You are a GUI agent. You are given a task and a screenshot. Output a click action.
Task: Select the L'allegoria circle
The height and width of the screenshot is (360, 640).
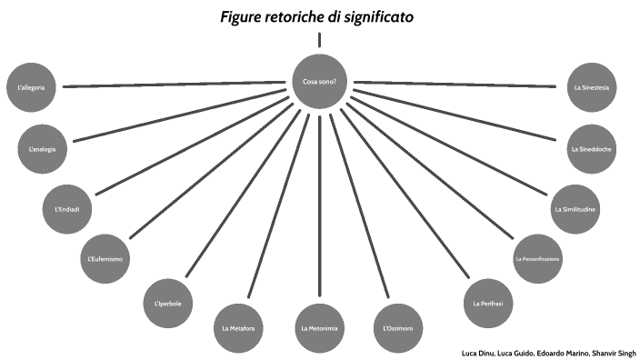click(x=31, y=87)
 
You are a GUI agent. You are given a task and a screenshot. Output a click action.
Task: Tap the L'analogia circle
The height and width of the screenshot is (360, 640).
click(x=43, y=148)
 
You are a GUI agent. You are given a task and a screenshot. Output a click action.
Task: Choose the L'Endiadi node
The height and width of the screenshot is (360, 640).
click(x=67, y=210)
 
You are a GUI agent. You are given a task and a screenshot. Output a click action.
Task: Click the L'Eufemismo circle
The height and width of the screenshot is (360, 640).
click(x=105, y=259)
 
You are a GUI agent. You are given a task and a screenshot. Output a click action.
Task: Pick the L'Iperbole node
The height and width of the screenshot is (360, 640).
click(x=168, y=302)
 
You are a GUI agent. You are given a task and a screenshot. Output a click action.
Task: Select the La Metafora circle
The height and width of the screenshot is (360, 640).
click(x=238, y=327)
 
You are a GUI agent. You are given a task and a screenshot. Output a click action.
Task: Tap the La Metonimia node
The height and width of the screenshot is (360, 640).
click(x=319, y=327)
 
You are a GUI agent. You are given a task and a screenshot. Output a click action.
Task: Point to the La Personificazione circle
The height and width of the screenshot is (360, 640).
click(x=537, y=259)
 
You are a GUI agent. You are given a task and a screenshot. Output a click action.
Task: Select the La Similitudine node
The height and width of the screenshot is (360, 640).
click(x=575, y=210)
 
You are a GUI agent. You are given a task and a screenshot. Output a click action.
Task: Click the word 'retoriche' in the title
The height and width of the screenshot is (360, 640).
click(x=305, y=17)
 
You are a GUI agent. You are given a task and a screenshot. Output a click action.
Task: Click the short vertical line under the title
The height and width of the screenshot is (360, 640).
click(x=320, y=39)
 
